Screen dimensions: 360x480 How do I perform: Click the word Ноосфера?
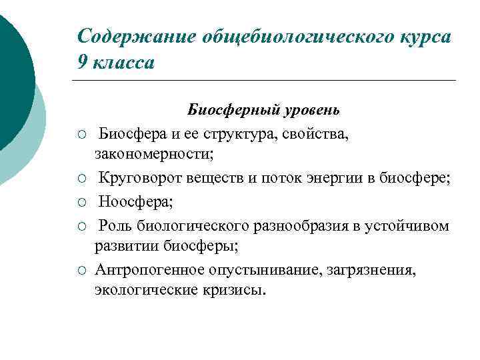(x=130, y=201)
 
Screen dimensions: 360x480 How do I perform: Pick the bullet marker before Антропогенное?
(x=80, y=270)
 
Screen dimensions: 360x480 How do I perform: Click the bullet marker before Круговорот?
(x=80, y=179)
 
